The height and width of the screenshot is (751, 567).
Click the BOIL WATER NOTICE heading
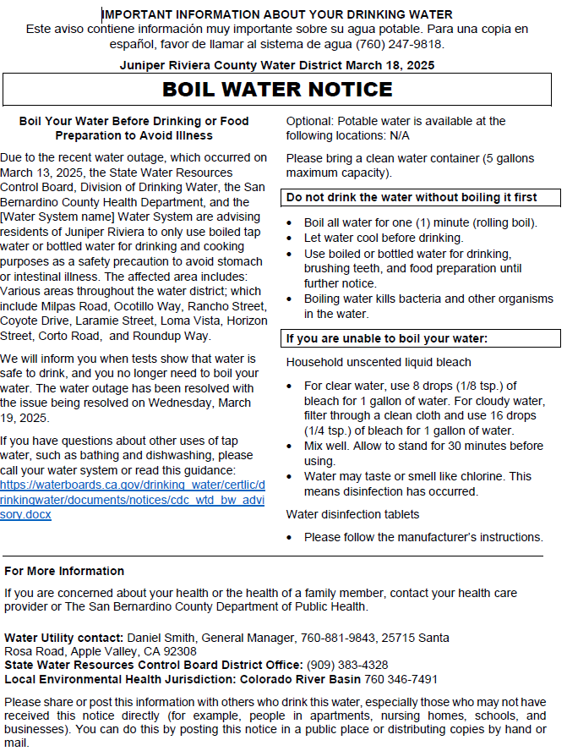coord(277,89)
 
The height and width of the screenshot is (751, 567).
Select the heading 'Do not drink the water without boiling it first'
coord(412,197)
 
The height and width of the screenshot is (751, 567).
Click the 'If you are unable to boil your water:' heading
coord(387,339)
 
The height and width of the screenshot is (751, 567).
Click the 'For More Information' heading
coord(64,571)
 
